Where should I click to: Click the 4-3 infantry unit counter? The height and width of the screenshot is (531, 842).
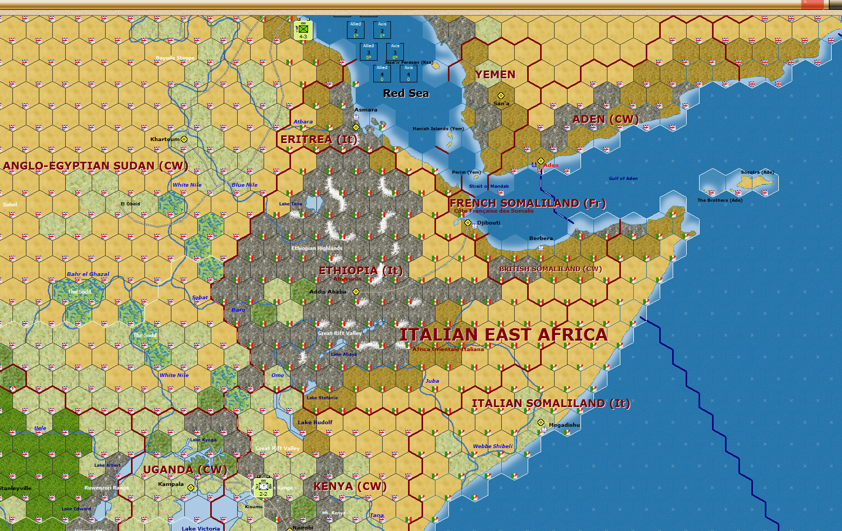coord(303,31)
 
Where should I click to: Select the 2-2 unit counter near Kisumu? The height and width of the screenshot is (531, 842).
coord(263,487)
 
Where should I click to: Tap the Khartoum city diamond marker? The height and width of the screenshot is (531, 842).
coord(184,139)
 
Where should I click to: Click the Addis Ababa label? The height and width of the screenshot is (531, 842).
coord(327,291)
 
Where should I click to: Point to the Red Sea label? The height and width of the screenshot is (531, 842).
coord(406,93)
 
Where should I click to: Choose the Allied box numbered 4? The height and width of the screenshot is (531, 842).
coord(382,73)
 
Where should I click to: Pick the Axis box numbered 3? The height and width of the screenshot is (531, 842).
coord(395,51)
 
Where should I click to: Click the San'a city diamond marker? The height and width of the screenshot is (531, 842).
coord(501,95)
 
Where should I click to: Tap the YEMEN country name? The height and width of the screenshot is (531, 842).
coord(495,75)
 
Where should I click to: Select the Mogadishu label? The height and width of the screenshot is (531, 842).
coord(564,425)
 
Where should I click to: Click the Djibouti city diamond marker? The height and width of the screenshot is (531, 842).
coord(468,222)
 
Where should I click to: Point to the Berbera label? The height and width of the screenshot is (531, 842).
coord(541,239)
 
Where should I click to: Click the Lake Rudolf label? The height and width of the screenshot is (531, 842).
coord(315,422)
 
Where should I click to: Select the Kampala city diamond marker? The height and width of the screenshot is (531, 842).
coord(191,487)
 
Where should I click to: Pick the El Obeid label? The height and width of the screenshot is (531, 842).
coord(130,204)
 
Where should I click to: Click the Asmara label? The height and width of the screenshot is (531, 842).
coord(366,110)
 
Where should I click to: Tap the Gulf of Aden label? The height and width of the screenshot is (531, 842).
coord(623,178)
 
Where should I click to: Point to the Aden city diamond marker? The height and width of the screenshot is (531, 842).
coord(541,161)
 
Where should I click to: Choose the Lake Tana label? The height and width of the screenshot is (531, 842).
coord(290,204)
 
